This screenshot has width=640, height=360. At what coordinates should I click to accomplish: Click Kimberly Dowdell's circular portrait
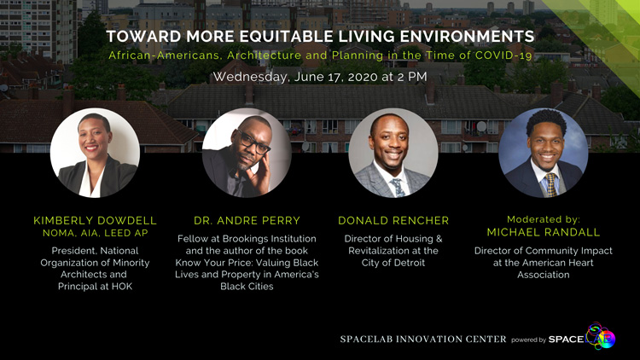(x=95, y=153)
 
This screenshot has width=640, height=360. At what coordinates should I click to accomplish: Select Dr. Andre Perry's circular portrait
(x=247, y=153)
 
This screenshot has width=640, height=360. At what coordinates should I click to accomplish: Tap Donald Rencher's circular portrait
(x=393, y=153)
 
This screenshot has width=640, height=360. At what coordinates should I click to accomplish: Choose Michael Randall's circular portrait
(x=544, y=153)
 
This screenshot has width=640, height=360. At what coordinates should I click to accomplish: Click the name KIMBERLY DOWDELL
(x=95, y=221)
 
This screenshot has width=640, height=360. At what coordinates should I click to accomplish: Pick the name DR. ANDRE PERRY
(x=247, y=221)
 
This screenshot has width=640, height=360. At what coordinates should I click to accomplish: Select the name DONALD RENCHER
(x=393, y=221)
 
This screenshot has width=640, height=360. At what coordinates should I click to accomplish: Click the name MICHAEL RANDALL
(x=544, y=233)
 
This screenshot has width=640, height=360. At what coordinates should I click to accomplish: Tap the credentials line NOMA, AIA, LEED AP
(x=95, y=233)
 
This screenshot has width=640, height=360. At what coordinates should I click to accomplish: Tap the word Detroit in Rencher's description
(x=409, y=263)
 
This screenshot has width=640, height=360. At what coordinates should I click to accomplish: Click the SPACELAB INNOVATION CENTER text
(x=423, y=340)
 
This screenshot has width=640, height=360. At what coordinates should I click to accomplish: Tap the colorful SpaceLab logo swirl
(x=601, y=336)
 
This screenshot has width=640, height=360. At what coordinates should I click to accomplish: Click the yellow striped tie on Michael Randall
(x=551, y=184)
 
